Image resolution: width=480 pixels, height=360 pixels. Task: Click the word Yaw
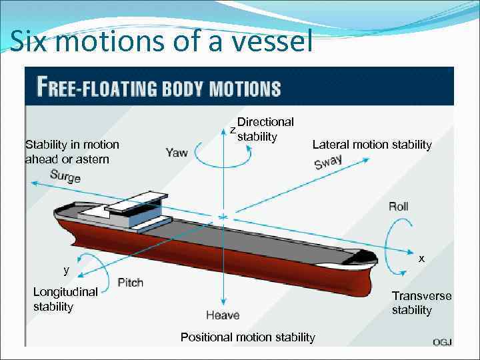[177, 153]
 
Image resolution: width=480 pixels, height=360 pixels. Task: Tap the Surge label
[65, 177]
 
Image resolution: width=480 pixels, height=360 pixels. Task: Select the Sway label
[328, 162]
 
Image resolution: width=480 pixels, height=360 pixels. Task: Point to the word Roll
[398, 207]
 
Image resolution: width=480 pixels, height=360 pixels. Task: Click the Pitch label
[130, 282]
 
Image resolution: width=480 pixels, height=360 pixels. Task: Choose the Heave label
[223, 315]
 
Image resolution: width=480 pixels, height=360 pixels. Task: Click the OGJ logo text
[442, 342]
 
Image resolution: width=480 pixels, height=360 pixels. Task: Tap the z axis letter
[232, 129]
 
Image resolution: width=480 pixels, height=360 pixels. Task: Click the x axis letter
[421, 258]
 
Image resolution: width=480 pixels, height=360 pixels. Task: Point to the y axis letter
[66, 270]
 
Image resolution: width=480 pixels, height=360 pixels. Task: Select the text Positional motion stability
[247, 337]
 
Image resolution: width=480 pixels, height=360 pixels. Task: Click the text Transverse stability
[421, 303]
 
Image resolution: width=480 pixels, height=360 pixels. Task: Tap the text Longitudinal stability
[65, 299]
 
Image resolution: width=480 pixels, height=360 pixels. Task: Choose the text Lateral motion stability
[372, 145]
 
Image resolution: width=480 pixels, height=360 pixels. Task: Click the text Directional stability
[265, 129]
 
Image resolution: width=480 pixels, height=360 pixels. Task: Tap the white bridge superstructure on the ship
[137, 203]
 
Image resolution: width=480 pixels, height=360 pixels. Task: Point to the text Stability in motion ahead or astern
[72, 151]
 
